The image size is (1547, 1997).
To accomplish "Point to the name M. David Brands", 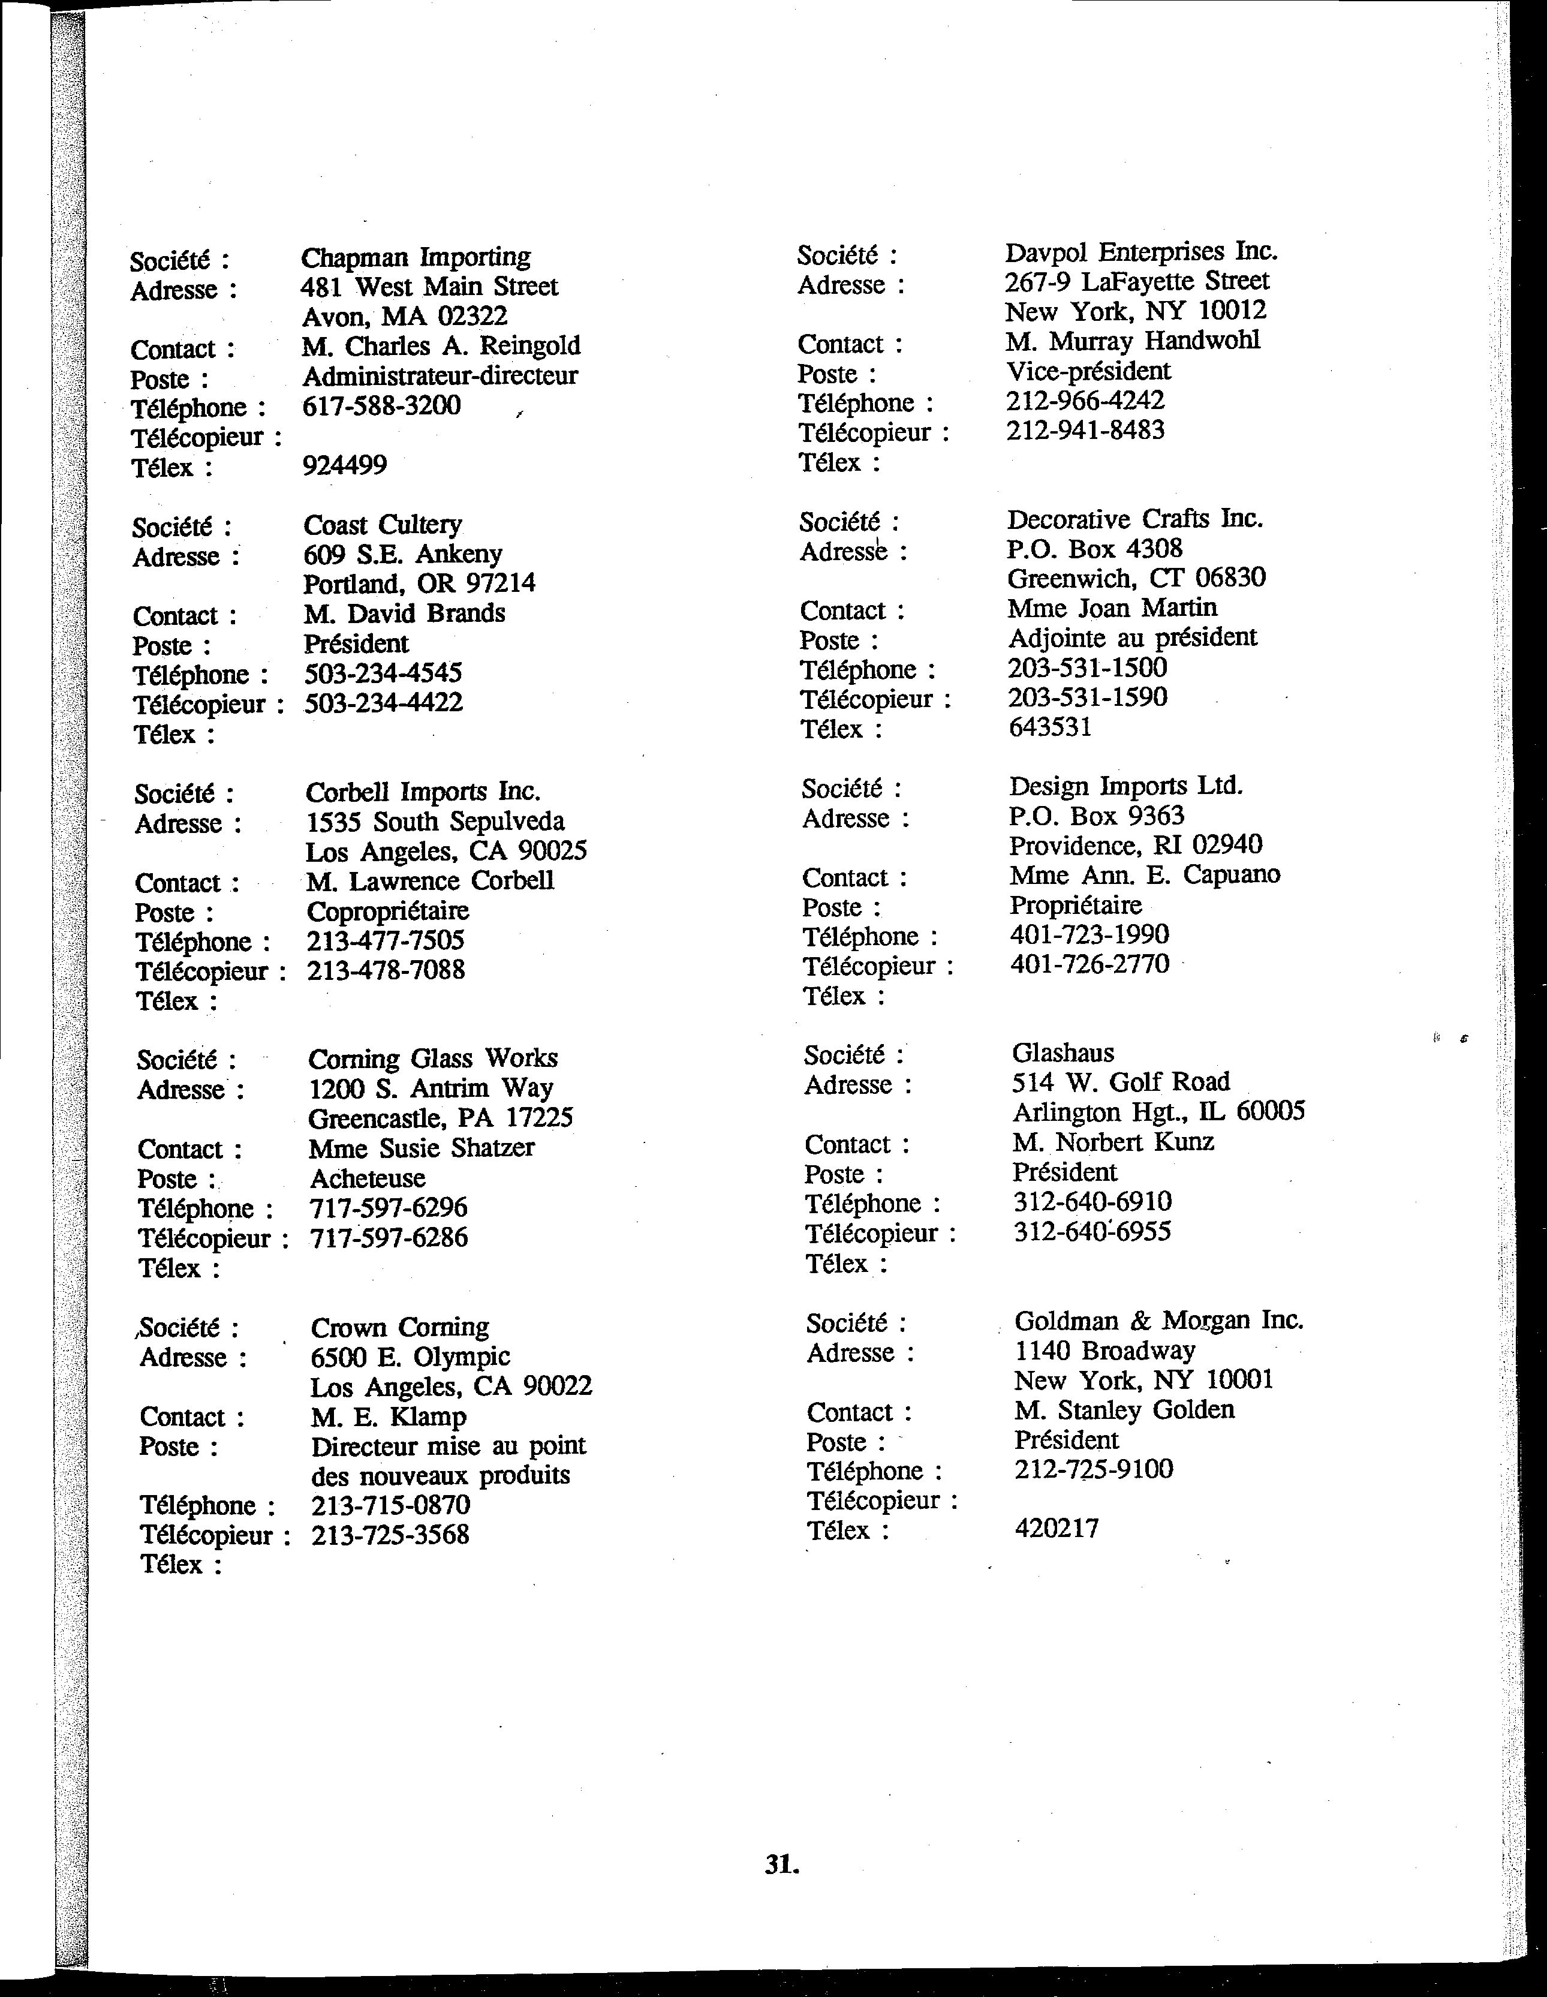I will tap(404, 613).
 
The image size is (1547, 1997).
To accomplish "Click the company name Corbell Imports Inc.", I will tap(423, 791).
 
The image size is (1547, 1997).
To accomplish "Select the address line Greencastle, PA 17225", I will tap(441, 1117).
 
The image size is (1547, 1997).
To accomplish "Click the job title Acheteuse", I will tap(368, 1178).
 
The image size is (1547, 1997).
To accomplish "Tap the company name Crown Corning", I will tap(399, 1327).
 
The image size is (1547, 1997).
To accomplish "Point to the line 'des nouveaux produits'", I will tap(441, 1475).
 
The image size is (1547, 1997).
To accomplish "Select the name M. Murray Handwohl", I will tap(1133, 341).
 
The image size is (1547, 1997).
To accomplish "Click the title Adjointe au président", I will tap(1133, 637).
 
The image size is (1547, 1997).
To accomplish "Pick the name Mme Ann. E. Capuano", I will tap(1145, 875).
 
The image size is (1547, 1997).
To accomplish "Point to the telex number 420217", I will tap(1057, 1528).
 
